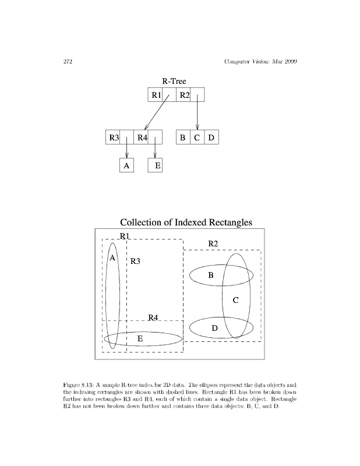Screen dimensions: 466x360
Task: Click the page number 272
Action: [66, 62]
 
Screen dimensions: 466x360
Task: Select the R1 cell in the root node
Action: [156, 95]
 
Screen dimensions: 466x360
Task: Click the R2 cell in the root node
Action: [184, 95]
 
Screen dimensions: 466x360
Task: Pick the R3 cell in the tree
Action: [113, 138]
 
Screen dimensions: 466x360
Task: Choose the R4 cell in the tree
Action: [141, 138]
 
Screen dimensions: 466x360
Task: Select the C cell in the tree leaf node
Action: [197, 138]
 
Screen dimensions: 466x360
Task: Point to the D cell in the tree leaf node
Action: [211, 138]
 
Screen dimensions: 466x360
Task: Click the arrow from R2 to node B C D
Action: [197, 114]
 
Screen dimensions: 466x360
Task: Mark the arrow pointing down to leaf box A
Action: [126, 149]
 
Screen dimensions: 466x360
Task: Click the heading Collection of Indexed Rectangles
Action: [186, 223]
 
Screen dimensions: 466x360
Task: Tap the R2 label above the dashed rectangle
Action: [213, 243]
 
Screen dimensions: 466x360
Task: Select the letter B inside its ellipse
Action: [211, 274]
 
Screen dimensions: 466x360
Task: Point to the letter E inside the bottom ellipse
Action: [140, 338]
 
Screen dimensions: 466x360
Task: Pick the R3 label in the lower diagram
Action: [135, 262]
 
